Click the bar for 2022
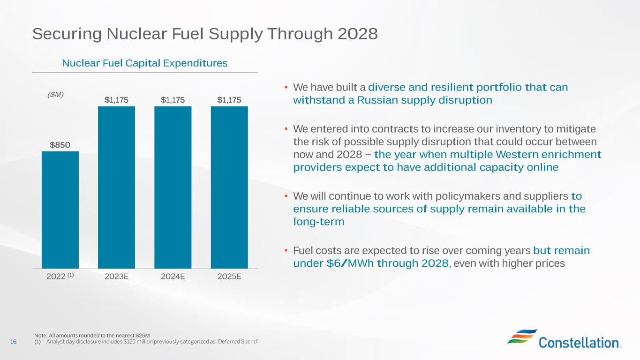click(x=60, y=210)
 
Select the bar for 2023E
click(x=116, y=187)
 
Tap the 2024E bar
click(x=173, y=187)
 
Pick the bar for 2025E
click(x=229, y=187)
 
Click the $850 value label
click(x=60, y=145)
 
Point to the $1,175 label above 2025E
click(x=229, y=100)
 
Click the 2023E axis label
click(x=116, y=276)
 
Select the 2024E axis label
click(x=173, y=276)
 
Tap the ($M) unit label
click(x=56, y=95)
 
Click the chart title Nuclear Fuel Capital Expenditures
click(x=144, y=63)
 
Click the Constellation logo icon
click(x=522, y=336)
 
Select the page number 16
click(x=13, y=342)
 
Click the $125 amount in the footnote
click(x=129, y=342)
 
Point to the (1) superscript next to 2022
click(x=70, y=275)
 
